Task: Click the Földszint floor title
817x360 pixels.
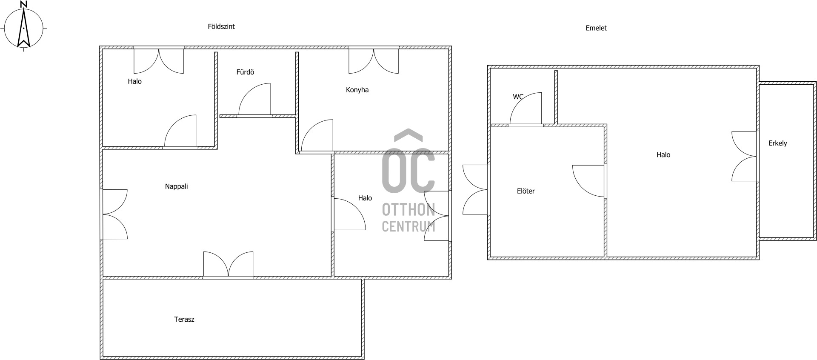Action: pos(221,26)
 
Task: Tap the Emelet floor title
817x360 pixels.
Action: pos(596,28)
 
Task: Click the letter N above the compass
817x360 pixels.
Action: pos(24,4)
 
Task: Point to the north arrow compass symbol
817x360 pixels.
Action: pos(24,28)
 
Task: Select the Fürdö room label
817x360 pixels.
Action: pos(245,72)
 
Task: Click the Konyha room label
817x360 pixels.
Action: pos(357,90)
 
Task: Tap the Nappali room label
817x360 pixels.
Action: pos(176,186)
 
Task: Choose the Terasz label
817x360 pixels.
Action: pos(184,319)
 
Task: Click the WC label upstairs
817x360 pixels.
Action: pos(518,97)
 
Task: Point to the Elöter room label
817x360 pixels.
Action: pos(526,191)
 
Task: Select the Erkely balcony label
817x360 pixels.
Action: pos(777,143)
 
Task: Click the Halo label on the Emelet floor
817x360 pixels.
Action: pos(663,155)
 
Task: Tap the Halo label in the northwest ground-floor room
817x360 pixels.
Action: pos(134,81)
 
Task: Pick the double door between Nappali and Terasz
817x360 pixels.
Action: pos(228,264)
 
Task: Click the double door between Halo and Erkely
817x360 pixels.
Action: pos(745,157)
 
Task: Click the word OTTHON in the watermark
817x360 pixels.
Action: pos(408,210)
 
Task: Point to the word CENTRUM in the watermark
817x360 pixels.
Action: pos(408,226)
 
